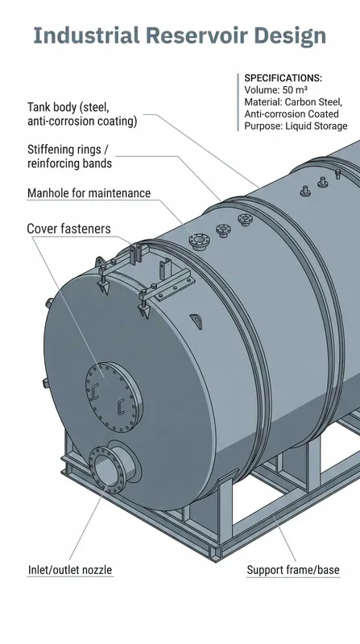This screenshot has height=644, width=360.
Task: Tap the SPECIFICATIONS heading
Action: (283, 78)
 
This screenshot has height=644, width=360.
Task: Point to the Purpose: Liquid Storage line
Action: (296, 126)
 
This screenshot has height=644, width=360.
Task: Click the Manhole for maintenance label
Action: (89, 193)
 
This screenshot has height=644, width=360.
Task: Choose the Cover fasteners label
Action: (68, 229)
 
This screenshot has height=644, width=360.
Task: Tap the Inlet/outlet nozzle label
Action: (70, 570)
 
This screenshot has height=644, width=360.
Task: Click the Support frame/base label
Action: (293, 570)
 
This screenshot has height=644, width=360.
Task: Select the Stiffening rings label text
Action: (69, 156)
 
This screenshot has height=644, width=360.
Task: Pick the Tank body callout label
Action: (82, 114)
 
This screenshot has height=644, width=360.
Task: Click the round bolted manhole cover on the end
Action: (114, 397)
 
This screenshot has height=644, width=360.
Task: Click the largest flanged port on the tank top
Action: (199, 240)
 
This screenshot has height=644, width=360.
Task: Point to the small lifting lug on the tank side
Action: (197, 321)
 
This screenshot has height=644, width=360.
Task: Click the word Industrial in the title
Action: (86, 35)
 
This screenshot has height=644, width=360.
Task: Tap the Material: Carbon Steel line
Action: (293, 102)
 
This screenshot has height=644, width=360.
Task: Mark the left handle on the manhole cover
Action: (95, 391)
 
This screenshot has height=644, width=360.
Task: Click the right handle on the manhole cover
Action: (121, 406)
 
